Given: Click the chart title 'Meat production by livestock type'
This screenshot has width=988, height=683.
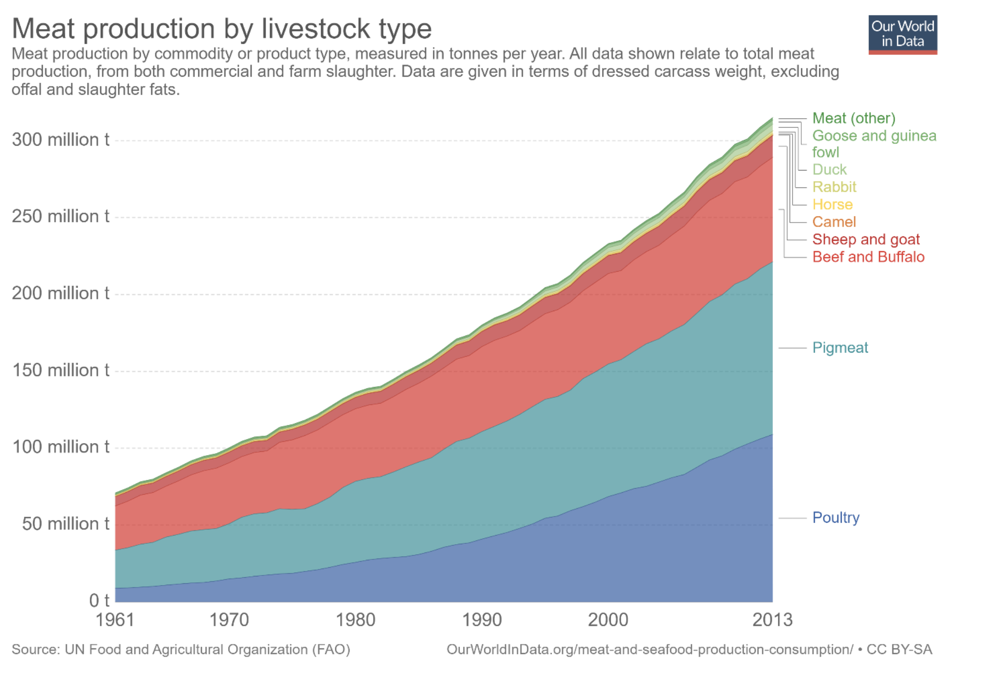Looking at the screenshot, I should [x=221, y=28].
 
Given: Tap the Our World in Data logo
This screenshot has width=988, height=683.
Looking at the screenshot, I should [x=902, y=34].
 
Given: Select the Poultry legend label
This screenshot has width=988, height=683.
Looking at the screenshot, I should [x=836, y=518].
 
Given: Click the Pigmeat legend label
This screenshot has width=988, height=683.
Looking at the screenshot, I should [x=840, y=347].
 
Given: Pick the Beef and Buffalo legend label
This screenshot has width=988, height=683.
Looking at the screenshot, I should [x=868, y=257].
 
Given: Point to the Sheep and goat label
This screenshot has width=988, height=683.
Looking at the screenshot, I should [x=866, y=239].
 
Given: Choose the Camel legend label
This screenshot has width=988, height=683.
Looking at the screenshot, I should [x=833, y=222].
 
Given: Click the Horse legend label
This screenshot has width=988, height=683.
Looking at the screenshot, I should [x=832, y=205].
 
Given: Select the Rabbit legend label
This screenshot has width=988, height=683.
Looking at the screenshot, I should [x=834, y=187].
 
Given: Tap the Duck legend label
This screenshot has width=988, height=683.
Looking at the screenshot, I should [x=829, y=170].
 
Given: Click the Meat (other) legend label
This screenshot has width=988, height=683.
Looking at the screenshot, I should [x=854, y=118].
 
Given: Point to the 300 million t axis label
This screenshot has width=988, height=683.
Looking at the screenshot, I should [x=61, y=140].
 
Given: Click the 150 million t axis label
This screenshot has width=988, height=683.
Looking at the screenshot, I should [x=61, y=370].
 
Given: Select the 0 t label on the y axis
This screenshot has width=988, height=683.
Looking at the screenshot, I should [x=99, y=600].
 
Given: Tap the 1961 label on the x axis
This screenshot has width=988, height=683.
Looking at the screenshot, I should [x=115, y=620].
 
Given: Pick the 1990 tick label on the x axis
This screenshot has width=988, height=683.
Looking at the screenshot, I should [x=482, y=620].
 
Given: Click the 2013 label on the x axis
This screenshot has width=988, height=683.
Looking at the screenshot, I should [x=772, y=620].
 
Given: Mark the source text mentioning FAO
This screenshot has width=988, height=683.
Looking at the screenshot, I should [x=181, y=649].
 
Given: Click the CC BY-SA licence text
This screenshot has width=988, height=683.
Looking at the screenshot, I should [x=899, y=649].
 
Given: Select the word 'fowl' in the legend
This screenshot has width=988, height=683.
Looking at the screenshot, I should [x=825, y=152].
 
